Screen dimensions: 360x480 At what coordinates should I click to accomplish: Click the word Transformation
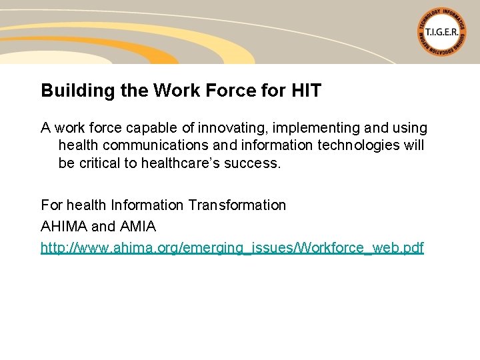click(237, 205)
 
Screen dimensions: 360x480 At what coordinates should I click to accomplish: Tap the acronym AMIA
click(137, 227)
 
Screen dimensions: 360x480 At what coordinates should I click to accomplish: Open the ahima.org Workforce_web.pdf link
click(232, 248)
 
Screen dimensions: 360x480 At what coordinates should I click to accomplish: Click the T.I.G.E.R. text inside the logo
click(442, 31)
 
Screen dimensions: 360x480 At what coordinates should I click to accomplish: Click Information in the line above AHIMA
click(147, 205)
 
